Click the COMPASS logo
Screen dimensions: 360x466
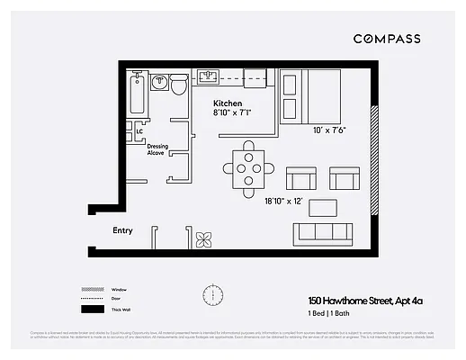click(386, 39)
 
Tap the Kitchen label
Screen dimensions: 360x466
click(229, 103)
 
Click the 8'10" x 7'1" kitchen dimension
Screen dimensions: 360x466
click(233, 113)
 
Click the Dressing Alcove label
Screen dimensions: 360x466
click(157, 148)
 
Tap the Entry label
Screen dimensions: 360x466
click(122, 230)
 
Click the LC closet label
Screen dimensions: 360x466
click(139, 133)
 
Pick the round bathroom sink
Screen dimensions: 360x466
click(159, 83)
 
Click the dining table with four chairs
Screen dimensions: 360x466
click(248, 168)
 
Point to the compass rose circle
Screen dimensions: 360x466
click(213, 294)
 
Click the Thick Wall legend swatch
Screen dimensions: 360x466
click(92, 310)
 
